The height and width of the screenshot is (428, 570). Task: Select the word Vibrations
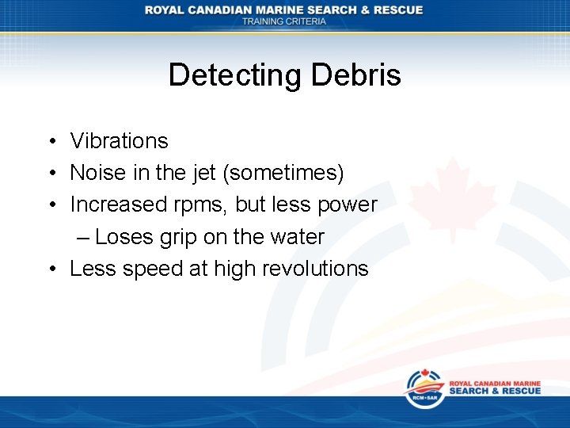point(119,141)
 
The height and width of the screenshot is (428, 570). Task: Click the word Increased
point(118,204)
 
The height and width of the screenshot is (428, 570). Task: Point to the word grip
point(177,238)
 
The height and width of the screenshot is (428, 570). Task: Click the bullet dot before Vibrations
point(50,142)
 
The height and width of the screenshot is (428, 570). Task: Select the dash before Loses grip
point(83,238)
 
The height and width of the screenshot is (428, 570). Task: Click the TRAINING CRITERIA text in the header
point(283,21)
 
